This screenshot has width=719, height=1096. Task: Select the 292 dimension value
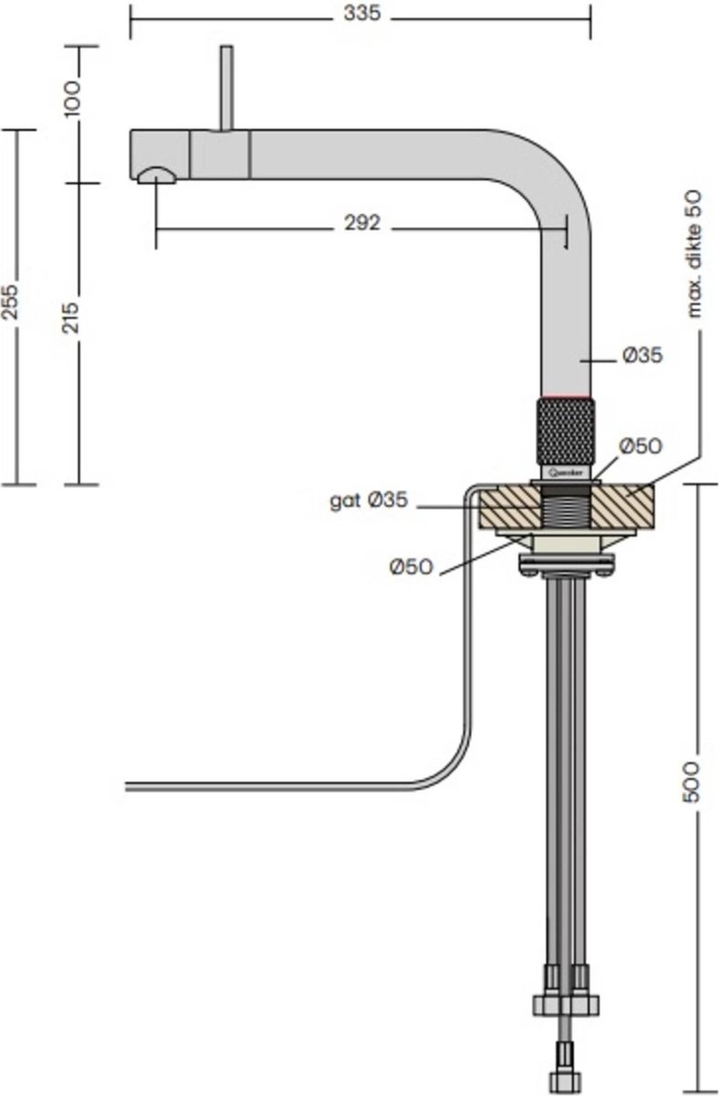363,224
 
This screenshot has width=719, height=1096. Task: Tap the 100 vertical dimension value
74,95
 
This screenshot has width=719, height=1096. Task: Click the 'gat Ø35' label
369,501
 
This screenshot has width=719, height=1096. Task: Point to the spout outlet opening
155,174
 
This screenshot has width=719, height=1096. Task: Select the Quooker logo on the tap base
566,472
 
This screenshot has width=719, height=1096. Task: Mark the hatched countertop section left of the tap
506,507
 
